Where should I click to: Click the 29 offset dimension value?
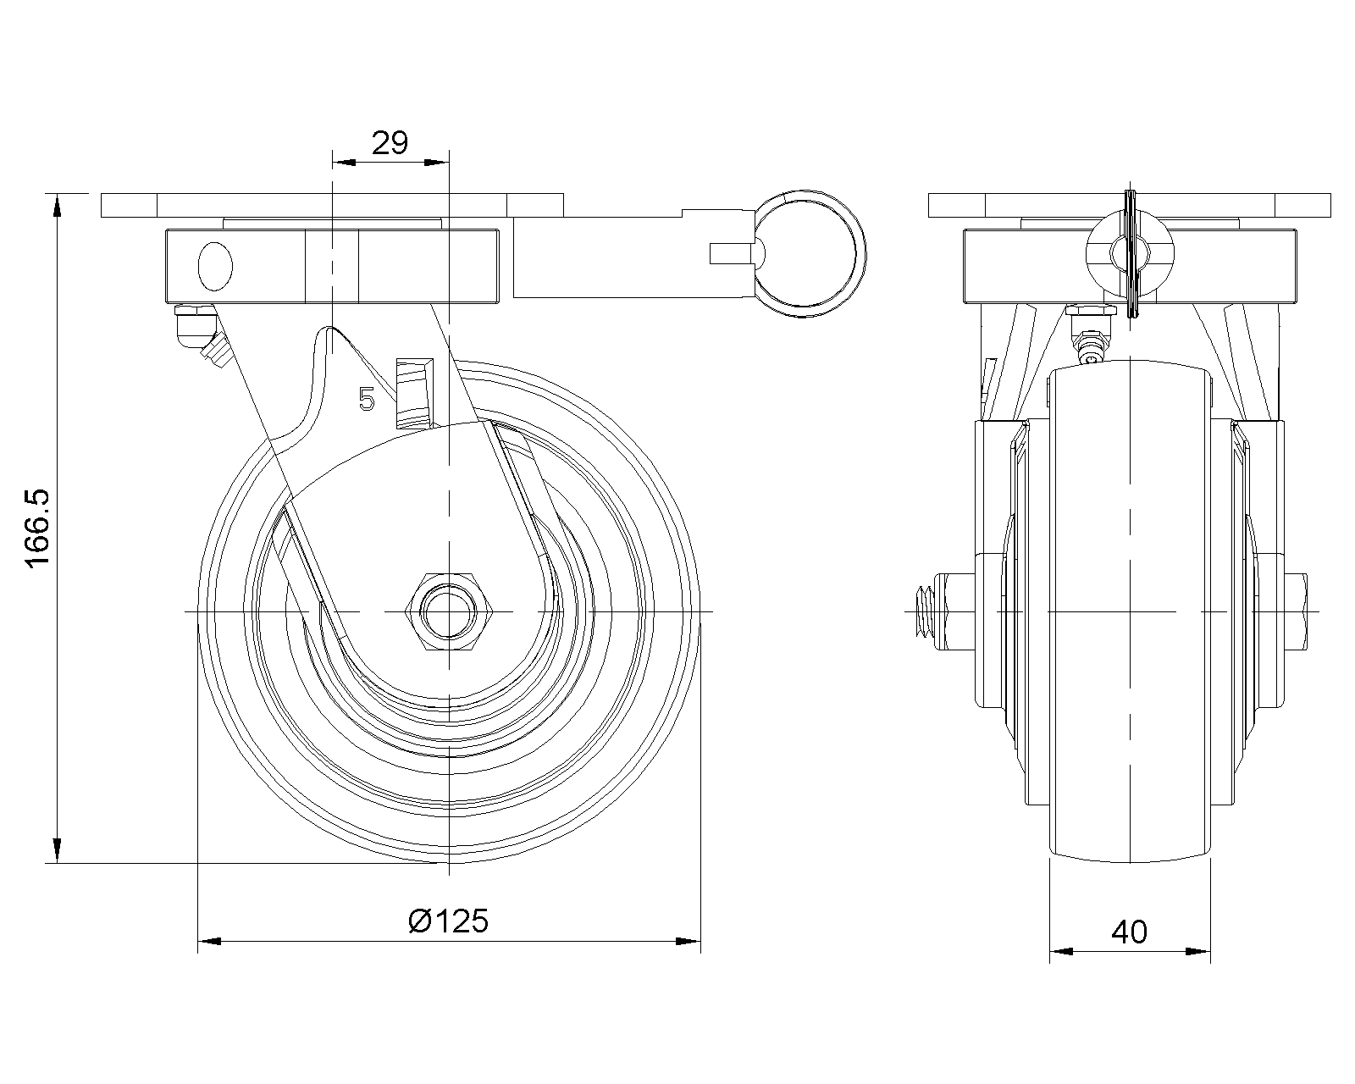click(390, 143)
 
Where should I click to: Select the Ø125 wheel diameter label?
click(448, 921)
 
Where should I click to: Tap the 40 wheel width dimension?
click(1129, 932)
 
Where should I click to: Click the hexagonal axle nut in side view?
click(448, 611)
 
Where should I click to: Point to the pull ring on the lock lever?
click(810, 254)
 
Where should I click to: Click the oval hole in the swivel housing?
click(215, 267)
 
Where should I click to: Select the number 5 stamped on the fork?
click(367, 399)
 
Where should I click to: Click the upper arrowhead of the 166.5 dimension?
click(57, 206)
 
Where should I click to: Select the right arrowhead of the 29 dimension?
click(437, 163)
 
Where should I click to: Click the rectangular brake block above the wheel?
click(415, 394)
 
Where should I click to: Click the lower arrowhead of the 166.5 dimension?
click(57, 850)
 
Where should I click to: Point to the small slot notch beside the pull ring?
click(731, 253)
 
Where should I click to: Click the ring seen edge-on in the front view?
click(1131, 254)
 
